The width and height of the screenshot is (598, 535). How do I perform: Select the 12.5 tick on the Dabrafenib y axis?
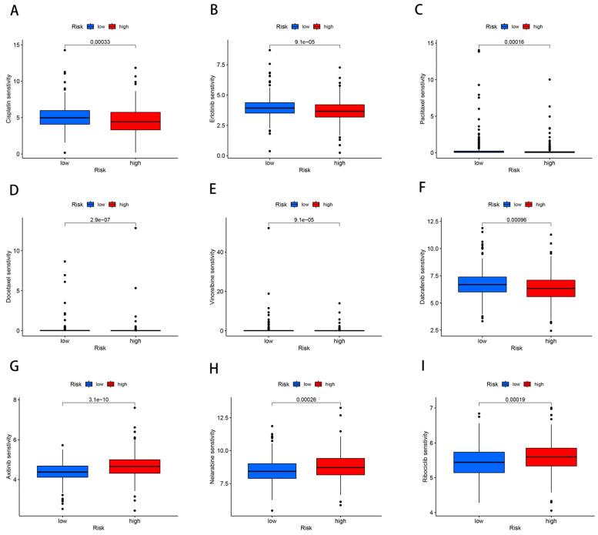coord(414,222)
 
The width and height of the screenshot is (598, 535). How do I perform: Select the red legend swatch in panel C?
coord(526,26)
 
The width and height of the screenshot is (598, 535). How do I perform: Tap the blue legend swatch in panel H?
coord(295,383)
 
